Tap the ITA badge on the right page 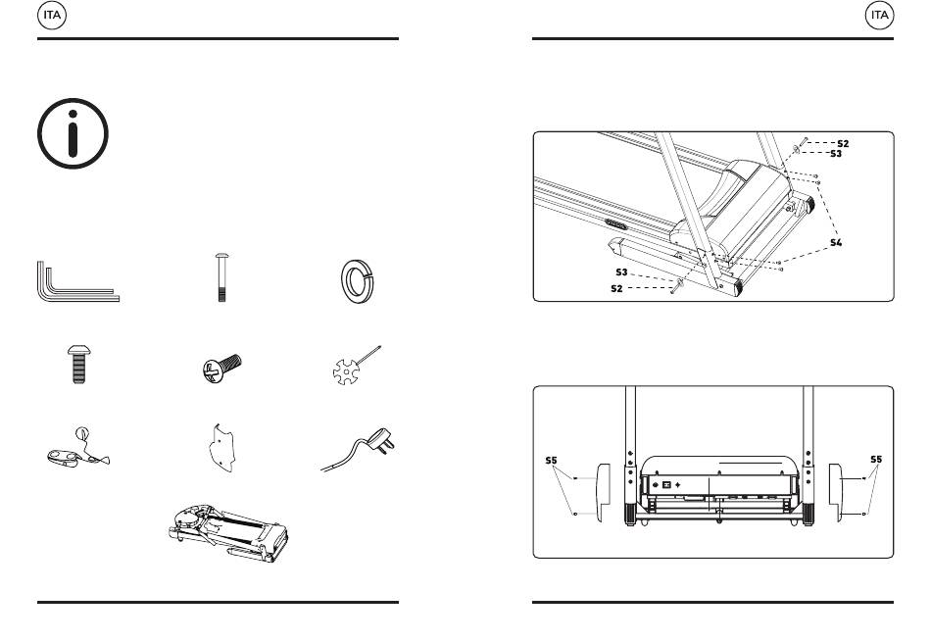click(879, 15)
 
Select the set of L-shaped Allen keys click(74, 283)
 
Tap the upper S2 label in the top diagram click(843, 143)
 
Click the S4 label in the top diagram click(835, 241)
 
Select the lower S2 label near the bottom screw click(616, 288)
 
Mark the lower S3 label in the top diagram click(621, 272)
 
